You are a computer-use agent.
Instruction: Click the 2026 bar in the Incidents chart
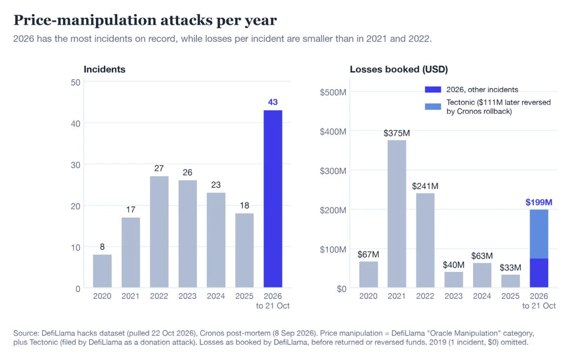[273, 198]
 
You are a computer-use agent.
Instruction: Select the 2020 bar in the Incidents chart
[102, 271]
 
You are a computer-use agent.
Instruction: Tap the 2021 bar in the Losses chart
[397, 214]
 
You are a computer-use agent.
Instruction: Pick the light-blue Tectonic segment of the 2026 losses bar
[539, 234]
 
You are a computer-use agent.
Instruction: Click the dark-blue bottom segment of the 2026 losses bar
[539, 273]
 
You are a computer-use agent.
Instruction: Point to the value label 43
[273, 102]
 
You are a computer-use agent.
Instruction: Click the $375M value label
[397, 133]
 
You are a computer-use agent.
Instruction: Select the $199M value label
[539, 202]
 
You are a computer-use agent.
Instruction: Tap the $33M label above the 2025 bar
[510, 267]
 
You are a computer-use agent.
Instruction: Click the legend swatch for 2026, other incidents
[433, 90]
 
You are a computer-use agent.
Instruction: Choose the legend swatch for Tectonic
[433, 106]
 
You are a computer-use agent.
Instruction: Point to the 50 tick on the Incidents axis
[75, 83]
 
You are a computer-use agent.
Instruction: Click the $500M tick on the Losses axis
[333, 93]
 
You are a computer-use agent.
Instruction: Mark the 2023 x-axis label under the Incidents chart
[188, 296]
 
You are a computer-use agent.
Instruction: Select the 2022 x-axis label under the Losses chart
[425, 296]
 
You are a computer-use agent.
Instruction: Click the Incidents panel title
[104, 69]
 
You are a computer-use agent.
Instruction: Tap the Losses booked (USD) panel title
[399, 69]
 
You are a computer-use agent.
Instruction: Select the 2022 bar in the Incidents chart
[159, 232]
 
